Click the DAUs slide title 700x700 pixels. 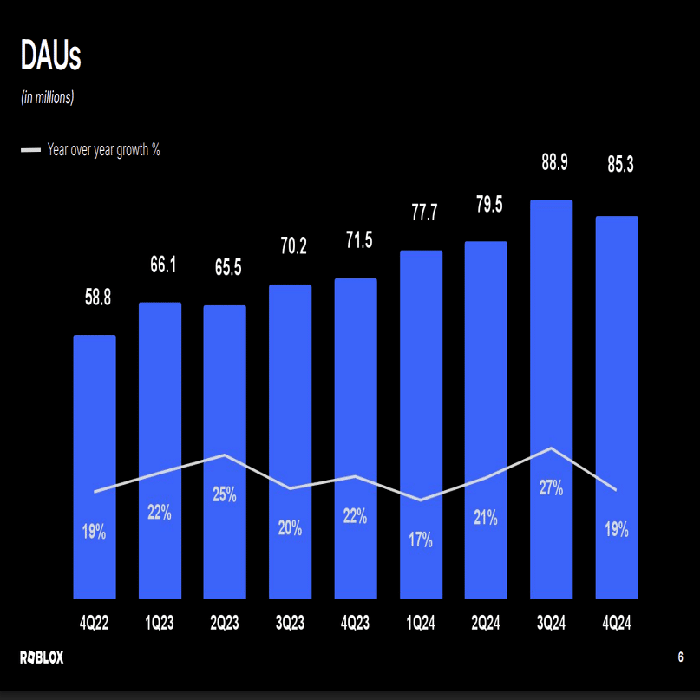click(x=50, y=57)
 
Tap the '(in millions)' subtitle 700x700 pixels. click(x=48, y=97)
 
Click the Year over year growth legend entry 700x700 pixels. click(x=91, y=150)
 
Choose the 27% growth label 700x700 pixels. click(x=551, y=487)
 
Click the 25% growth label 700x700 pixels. click(x=225, y=495)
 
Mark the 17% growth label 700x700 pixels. click(x=421, y=540)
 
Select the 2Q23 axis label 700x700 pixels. click(x=225, y=623)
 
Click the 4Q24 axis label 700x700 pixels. click(x=616, y=623)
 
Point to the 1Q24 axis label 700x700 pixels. click(x=421, y=623)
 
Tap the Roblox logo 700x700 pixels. click(x=42, y=658)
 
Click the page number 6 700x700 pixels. click(x=681, y=657)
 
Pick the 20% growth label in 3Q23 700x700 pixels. click(x=290, y=527)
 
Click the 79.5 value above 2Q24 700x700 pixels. click(x=488, y=205)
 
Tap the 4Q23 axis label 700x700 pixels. click(x=356, y=623)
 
